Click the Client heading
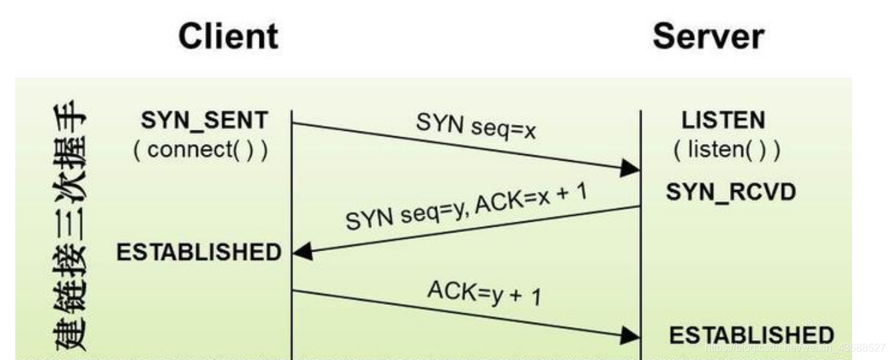tap(228, 37)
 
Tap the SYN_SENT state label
tap(205, 121)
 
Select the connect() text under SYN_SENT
tap(201, 149)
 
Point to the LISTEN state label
tap(723, 121)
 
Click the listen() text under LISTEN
tap(727, 150)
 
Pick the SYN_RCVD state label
tap(731, 192)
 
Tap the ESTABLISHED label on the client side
tap(199, 252)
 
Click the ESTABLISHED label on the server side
tap(751, 335)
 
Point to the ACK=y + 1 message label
tap(484, 292)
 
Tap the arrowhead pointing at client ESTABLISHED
tap(302, 252)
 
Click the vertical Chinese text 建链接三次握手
tap(68, 226)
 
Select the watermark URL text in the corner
tap(794, 347)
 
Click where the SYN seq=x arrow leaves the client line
tap(292, 123)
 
